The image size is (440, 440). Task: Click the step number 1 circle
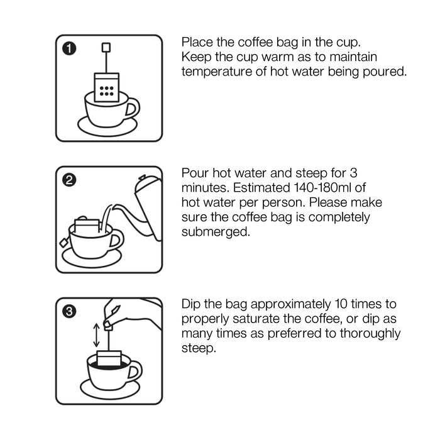pos(69,48)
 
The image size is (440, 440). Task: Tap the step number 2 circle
pos(69,180)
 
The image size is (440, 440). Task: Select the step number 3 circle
pos(69,311)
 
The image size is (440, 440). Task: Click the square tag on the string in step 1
pos(106,47)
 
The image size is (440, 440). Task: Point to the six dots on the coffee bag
pos(107,91)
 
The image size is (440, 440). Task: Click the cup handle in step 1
pos(133,108)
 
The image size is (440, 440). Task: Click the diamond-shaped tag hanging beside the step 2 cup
pos(64,242)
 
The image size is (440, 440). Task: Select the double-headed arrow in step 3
pos(96,335)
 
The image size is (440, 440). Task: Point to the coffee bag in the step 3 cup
pos(109,358)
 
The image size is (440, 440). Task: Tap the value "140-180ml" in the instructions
pos(322,188)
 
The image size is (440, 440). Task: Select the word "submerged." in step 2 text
pos(216,232)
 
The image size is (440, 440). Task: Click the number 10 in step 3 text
pos(341,304)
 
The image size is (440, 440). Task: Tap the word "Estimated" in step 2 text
pos(261,188)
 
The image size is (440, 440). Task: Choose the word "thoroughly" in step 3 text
pos(370,334)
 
